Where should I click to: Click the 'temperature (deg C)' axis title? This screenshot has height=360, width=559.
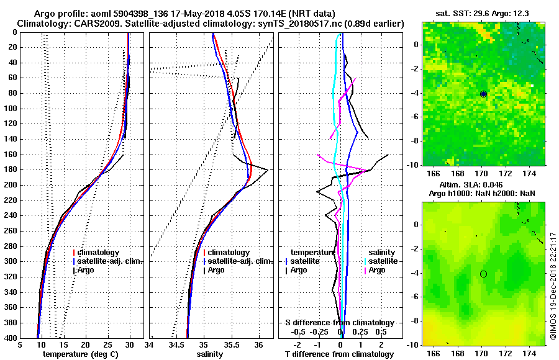click(80, 354)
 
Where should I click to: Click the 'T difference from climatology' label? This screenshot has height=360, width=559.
click(339, 354)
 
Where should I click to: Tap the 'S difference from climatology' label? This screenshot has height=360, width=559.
click(339, 323)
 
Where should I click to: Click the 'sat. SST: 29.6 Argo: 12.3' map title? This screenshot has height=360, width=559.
click(483, 14)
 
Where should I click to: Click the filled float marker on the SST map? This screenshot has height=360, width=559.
click(483, 94)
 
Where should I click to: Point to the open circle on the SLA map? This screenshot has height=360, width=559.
click(483, 274)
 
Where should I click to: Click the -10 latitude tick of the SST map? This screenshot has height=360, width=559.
click(413, 164)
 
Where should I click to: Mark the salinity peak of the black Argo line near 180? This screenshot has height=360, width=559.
click(268, 169)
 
